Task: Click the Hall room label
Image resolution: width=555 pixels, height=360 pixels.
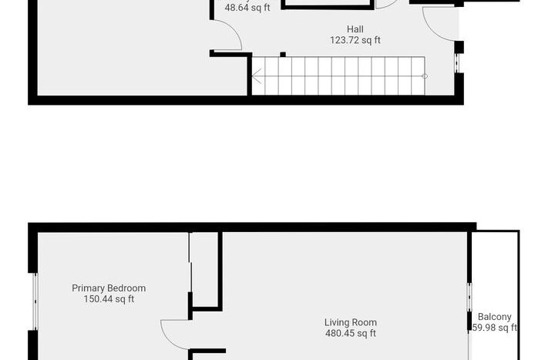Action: click(355, 29)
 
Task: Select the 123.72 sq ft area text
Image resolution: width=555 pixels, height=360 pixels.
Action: click(355, 40)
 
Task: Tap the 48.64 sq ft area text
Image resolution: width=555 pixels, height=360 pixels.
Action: click(247, 8)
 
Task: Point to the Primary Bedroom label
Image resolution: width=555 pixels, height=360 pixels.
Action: click(109, 288)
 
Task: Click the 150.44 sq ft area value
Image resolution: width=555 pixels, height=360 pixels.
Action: click(109, 299)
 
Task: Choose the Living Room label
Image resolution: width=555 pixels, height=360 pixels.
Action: click(351, 323)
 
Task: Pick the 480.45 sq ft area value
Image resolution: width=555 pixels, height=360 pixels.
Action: click(351, 334)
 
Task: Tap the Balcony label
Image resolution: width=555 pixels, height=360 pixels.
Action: click(494, 317)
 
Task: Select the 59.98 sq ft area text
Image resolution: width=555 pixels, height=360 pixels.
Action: click(494, 328)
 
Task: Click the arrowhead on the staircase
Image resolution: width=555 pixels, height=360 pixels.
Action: click(256, 76)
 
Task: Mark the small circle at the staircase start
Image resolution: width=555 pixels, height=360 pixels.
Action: click(425, 76)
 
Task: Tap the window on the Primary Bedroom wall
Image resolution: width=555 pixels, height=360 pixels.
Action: click(34, 301)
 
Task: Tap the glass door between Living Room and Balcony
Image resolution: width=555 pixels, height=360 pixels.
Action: click(469, 297)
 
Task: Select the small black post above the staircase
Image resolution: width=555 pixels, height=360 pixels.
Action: click(283, 54)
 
